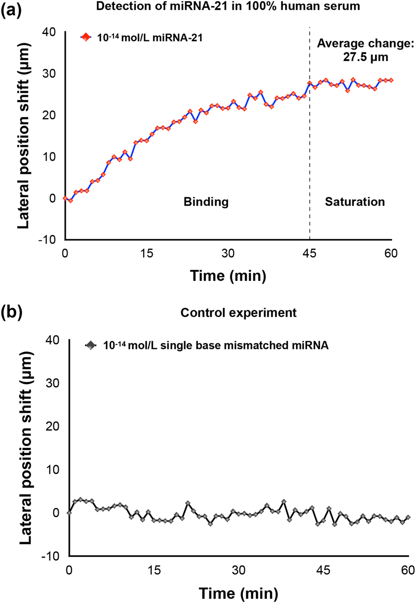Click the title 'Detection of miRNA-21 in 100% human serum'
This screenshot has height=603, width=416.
[228, 6]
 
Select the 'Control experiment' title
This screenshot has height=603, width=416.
[238, 313]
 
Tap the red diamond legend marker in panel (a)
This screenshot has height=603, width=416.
[86, 38]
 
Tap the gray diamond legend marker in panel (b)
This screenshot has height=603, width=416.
[90, 345]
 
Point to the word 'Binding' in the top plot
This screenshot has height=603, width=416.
[206, 202]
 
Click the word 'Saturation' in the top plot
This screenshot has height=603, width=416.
[354, 202]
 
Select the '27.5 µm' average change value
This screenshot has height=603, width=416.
[365, 57]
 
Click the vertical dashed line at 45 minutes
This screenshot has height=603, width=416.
[309, 137]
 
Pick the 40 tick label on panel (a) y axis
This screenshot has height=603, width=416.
[49, 32]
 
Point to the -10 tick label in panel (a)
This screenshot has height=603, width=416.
[47, 240]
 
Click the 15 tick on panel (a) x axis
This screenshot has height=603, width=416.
[146, 254]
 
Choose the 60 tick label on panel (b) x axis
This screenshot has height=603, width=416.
[408, 570]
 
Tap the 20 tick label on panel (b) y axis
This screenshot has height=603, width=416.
[52, 426]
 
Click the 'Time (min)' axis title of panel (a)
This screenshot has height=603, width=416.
[228, 276]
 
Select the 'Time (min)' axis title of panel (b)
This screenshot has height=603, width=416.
[238, 594]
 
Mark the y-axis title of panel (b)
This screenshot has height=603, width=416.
[26, 448]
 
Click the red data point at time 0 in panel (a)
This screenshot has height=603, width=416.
[65, 198]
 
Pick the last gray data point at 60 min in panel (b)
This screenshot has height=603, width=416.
[408, 517]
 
